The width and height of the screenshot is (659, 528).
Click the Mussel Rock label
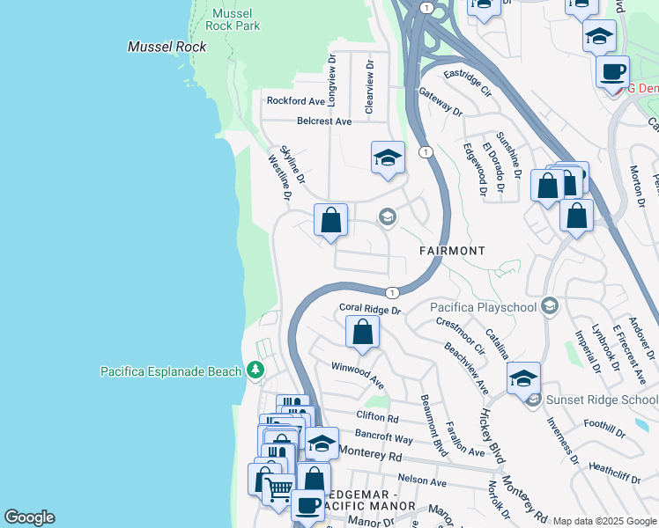167,47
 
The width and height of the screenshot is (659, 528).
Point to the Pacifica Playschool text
484,307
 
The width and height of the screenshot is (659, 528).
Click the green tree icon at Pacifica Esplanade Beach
255,370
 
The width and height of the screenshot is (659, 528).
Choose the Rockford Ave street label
297,101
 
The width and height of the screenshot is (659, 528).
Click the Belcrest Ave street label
324,121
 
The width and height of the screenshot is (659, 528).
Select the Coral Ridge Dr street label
370,310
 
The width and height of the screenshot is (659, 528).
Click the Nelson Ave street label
422,481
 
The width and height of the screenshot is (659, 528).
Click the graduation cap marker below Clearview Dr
388,158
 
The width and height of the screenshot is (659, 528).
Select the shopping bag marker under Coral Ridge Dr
362,332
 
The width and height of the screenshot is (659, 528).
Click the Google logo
29,517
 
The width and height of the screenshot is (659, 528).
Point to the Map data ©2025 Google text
603,521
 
